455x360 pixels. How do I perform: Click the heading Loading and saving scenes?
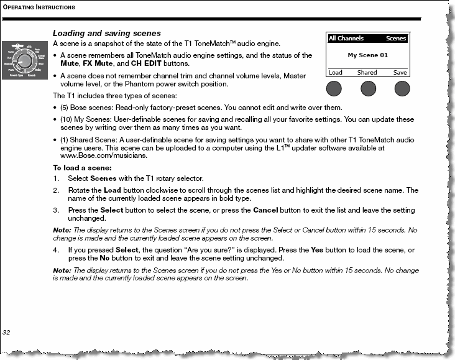point(106,33)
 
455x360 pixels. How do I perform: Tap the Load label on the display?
point(336,73)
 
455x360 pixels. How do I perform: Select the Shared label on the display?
point(367,73)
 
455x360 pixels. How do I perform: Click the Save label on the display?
point(400,73)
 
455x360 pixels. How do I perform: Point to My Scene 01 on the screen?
point(367,55)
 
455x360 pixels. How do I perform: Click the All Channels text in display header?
point(346,39)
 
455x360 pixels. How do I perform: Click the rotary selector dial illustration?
point(25,61)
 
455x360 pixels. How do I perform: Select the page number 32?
point(7,333)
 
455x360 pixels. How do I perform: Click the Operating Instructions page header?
point(39,7)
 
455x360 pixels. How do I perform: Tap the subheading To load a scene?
point(82,168)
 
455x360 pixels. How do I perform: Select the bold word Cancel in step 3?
point(265,210)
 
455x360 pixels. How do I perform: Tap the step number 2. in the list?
point(56,190)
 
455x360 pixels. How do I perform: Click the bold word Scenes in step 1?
point(103,178)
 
